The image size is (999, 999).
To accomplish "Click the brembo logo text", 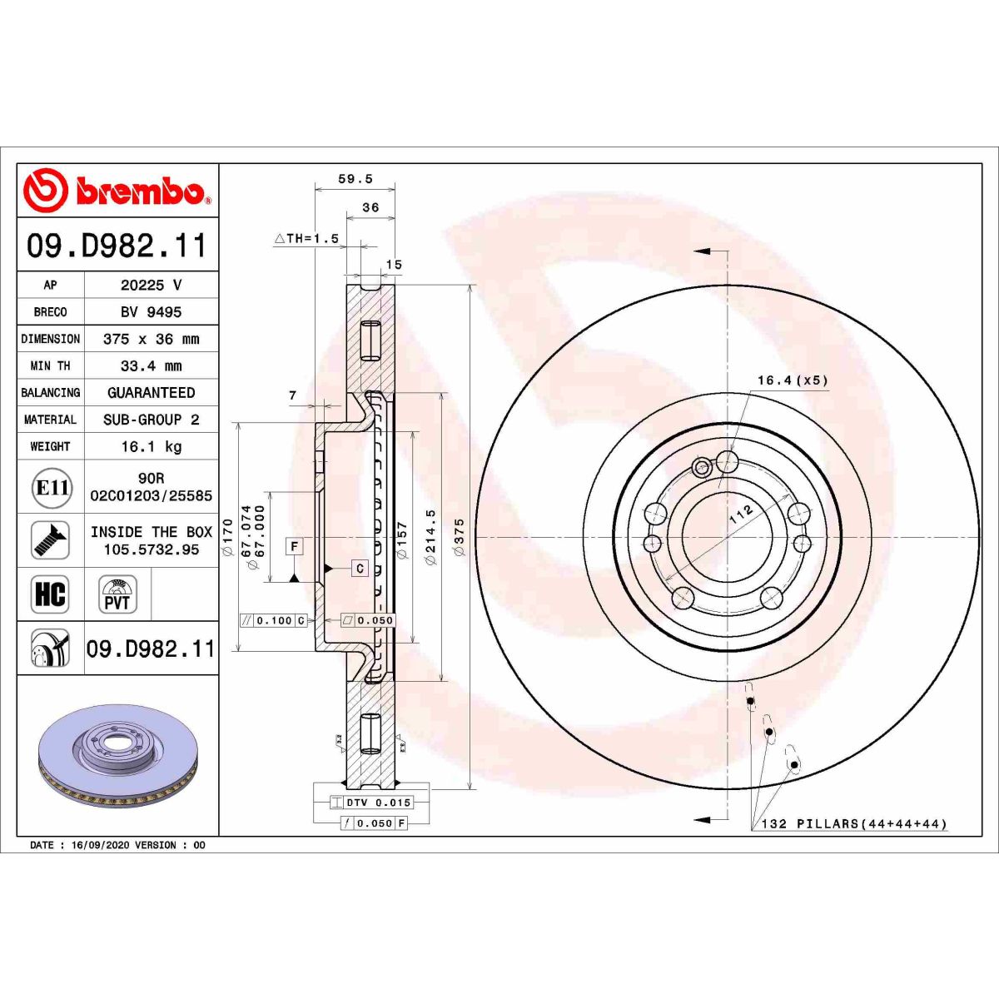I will click(x=140, y=191).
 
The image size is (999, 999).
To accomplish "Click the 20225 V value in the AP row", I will click(x=151, y=285).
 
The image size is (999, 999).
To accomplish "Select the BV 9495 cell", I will click(x=151, y=312).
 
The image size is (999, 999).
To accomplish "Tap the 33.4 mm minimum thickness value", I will click(x=151, y=365).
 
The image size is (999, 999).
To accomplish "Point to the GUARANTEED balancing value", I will click(x=151, y=392).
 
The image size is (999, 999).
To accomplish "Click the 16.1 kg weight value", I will click(x=151, y=446).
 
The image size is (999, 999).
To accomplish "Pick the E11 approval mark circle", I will click(x=52, y=487).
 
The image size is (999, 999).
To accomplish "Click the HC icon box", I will click(x=50, y=594).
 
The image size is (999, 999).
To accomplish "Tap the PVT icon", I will click(x=117, y=594).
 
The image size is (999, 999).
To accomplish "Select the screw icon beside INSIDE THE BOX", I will click(x=50, y=540).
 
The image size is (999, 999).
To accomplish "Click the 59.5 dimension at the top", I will click(x=355, y=179).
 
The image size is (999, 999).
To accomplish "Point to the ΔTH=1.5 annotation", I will click(x=306, y=238).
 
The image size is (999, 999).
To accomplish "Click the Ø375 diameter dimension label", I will click(x=459, y=537).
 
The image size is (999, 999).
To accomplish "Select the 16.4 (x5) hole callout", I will click(x=792, y=380).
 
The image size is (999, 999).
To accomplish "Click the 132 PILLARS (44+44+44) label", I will click(x=854, y=824).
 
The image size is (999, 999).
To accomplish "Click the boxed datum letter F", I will click(x=295, y=547).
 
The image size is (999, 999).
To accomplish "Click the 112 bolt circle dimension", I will click(x=740, y=514).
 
